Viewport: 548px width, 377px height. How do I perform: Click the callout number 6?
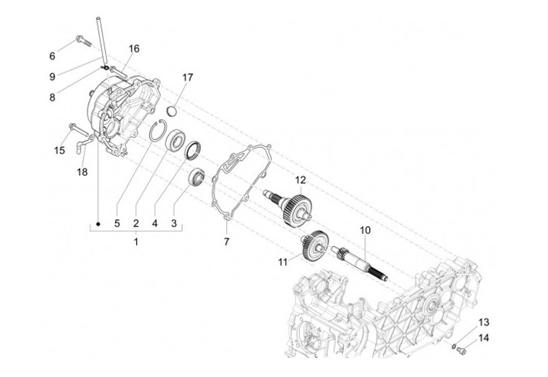pyautogui.click(x=53, y=56)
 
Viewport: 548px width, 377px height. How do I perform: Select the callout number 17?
pyautogui.click(x=188, y=77)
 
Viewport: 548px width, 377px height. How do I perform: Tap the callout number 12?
pyautogui.click(x=301, y=181)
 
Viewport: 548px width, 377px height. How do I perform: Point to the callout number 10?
pyautogui.click(x=365, y=229)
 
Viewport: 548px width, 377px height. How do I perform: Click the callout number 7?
pyautogui.click(x=226, y=241)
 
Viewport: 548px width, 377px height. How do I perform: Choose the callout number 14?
pyautogui.click(x=484, y=337)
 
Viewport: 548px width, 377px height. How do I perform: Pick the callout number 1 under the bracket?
pyautogui.click(x=136, y=242)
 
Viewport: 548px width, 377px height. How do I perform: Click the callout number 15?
pyautogui.click(x=59, y=151)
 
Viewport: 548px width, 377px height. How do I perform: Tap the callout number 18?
pyautogui.click(x=81, y=173)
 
